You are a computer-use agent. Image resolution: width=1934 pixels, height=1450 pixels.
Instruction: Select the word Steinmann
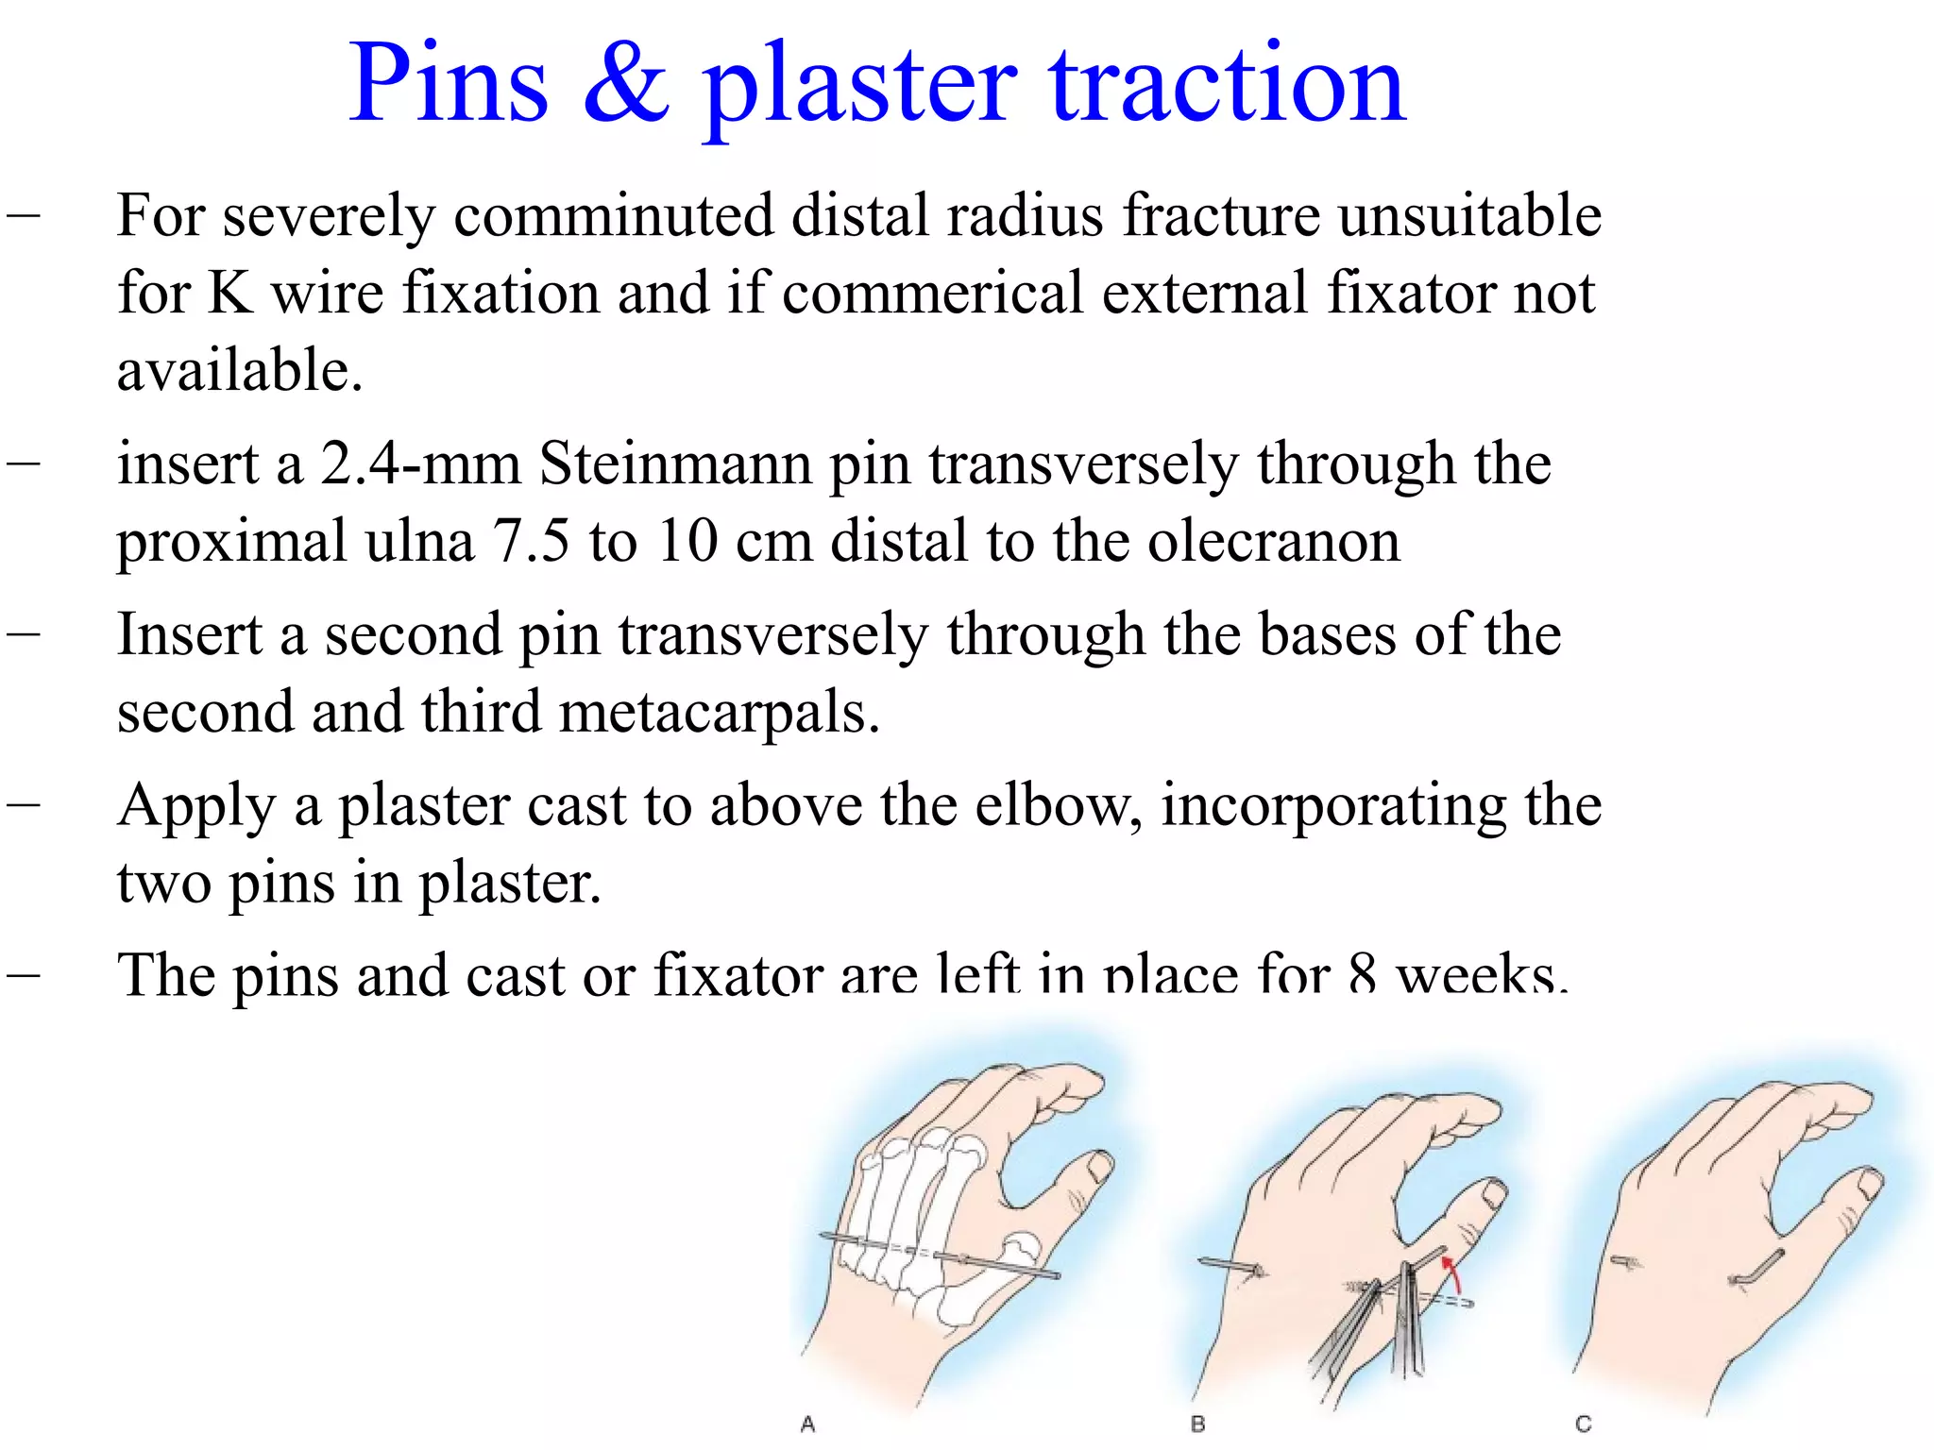click(674, 464)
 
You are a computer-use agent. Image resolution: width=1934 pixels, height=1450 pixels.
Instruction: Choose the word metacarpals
click(720, 712)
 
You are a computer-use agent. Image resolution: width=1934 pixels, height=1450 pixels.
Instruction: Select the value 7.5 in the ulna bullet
click(531, 542)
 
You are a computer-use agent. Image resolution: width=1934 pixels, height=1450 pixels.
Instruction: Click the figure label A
click(807, 1424)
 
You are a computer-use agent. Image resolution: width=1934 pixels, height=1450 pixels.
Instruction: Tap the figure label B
click(1197, 1424)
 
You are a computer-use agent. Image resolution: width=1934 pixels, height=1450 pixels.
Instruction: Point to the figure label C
click(1584, 1424)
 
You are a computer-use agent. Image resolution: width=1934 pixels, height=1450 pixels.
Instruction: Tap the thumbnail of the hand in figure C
click(1868, 1185)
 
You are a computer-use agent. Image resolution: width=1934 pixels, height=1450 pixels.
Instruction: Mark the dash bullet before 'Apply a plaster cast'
click(23, 804)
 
